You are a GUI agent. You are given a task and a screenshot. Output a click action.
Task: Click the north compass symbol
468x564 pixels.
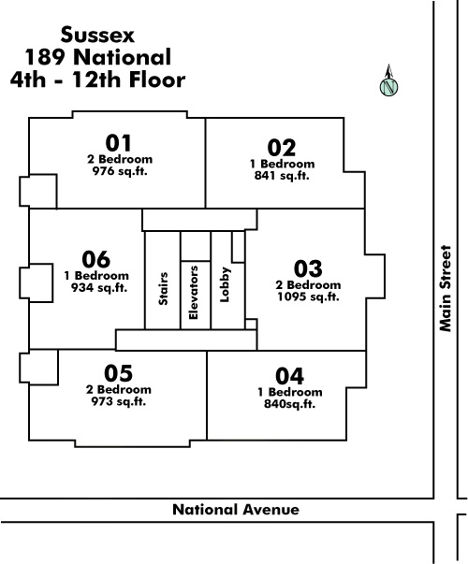(388, 81)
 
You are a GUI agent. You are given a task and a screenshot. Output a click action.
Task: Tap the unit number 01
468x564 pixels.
(119, 143)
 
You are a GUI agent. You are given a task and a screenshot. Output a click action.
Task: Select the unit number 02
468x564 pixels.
(282, 148)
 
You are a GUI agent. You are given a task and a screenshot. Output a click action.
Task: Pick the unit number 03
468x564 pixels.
(308, 268)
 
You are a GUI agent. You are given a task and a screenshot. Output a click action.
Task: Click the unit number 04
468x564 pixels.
(290, 376)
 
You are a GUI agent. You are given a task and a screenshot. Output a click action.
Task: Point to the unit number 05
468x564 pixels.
(119, 373)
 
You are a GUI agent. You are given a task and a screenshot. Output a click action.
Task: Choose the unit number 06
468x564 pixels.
(96, 259)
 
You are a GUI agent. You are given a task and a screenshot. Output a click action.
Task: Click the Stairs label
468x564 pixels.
(163, 289)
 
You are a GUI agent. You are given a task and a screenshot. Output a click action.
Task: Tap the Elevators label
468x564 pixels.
(194, 293)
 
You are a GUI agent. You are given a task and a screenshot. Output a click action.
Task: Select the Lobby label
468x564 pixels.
(225, 284)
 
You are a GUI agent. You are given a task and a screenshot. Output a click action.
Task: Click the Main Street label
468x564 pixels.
(446, 288)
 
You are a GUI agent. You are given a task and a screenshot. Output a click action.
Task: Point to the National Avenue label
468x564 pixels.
(236, 510)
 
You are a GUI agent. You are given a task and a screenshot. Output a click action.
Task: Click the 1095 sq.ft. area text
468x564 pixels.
(308, 296)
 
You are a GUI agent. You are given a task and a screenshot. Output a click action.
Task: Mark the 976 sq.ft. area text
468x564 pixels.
(120, 171)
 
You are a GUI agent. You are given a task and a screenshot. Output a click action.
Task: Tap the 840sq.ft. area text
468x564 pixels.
(290, 404)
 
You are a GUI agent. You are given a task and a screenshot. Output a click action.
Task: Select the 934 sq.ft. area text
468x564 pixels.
(99, 288)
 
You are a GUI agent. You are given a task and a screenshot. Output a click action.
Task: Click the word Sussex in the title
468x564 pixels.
(97, 36)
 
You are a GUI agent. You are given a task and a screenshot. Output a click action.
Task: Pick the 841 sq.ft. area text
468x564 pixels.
(282, 176)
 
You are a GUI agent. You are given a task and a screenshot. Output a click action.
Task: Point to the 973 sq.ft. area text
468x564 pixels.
(119, 401)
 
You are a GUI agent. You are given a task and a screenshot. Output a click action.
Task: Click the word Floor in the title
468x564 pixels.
(157, 80)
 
